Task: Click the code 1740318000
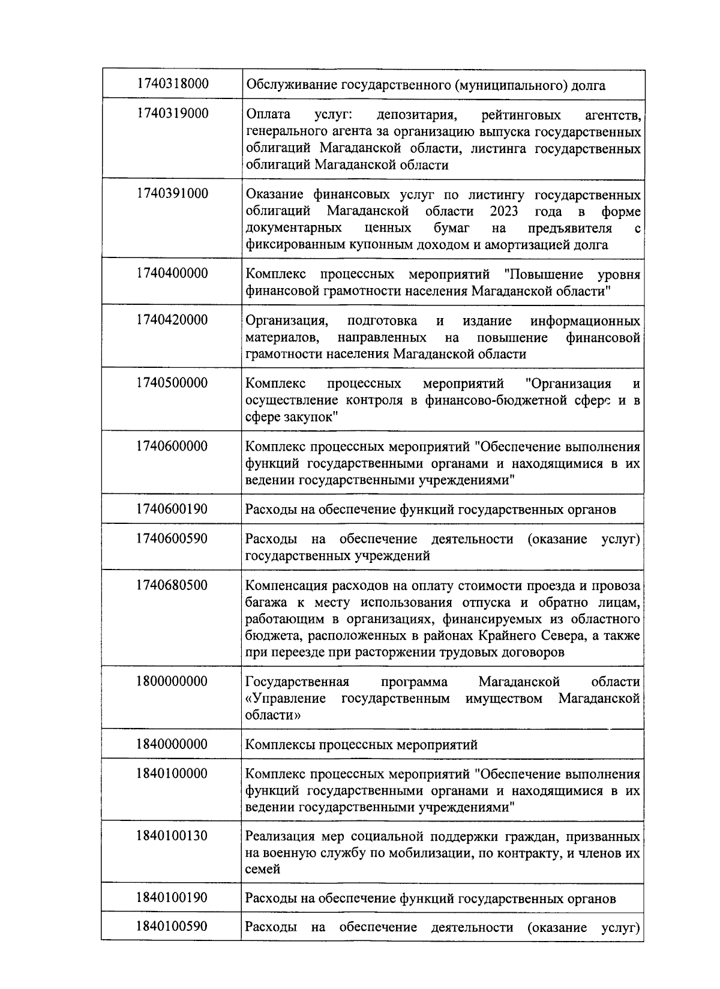point(172,83)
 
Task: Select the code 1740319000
point(172,113)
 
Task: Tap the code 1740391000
point(172,193)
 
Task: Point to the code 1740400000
point(172,273)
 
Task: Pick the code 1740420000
point(172,319)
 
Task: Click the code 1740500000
point(172,383)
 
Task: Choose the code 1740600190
point(172,509)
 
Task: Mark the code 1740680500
point(172,585)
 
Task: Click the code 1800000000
point(172,681)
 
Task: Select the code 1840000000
point(172,744)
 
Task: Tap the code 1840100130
point(172,835)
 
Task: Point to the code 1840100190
point(172,898)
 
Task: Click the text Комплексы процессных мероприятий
point(362,745)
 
